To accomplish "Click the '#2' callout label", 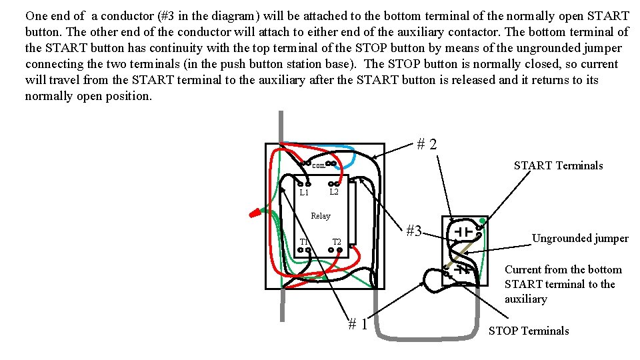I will click(x=427, y=143).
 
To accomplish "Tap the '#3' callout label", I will click(x=414, y=231).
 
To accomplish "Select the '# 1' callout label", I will click(x=357, y=324).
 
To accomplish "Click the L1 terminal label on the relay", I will click(x=304, y=193).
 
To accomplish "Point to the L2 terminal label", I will click(x=335, y=192).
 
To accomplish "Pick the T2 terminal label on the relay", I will click(x=337, y=241).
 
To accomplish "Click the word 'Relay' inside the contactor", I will click(x=320, y=216).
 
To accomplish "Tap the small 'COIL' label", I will click(x=318, y=165).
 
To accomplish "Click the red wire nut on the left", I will click(x=255, y=214).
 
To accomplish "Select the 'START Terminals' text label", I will click(x=558, y=165).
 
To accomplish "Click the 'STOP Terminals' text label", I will click(x=529, y=331).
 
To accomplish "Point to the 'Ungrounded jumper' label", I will click(x=579, y=238).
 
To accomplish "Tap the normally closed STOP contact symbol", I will click(x=463, y=270).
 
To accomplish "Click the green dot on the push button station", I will click(x=482, y=221).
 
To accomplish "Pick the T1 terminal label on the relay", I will click(x=304, y=241).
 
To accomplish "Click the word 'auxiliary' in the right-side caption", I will click(x=525, y=299).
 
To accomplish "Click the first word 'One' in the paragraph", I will click(x=37, y=15).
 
